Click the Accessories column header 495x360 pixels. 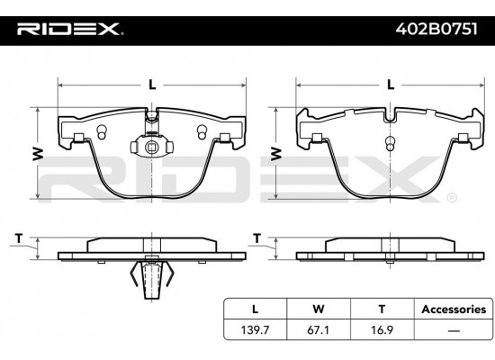point(453,309)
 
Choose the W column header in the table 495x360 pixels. point(318,309)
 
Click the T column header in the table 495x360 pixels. point(382,309)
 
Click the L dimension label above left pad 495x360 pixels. point(152,85)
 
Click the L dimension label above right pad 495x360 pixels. point(390,85)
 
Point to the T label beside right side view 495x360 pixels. point(257,238)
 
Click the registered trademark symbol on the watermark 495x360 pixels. point(452,196)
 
